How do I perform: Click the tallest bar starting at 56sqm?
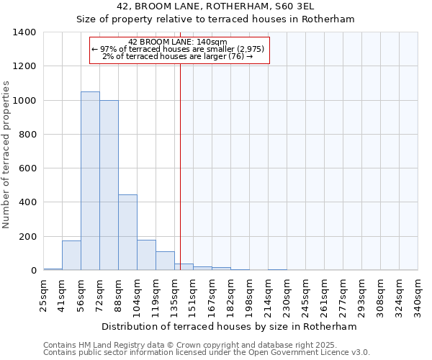pyautogui.click(x=90, y=181)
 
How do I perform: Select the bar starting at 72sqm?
pyautogui.click(x=109, y=185)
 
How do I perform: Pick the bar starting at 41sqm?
pyautogui.click(x=71, y=256)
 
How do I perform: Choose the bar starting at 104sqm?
pyautogui.click(x=146, y=255)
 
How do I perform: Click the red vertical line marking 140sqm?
pyautogui.click(x=180, y=166)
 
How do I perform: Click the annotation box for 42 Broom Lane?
pyautogui.click(x=179, y=50)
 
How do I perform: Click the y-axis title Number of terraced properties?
pyautogui.click(x=6, y=154)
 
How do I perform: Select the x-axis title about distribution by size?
pyautogui.click(x=230, y=326)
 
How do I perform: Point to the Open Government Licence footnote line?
pyautogui.click(x=207, y=353)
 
